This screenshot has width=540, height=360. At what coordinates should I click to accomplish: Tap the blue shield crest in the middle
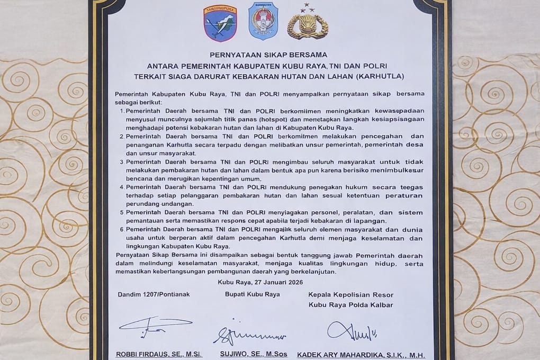263,21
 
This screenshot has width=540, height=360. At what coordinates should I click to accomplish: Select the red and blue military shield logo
220,23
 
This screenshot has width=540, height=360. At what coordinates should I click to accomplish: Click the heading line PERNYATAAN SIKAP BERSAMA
268,55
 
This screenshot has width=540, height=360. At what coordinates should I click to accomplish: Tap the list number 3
122,161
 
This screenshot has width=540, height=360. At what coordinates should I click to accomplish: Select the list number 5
122,212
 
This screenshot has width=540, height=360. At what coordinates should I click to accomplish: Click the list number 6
122,229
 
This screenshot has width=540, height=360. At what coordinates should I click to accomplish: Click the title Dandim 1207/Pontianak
154,294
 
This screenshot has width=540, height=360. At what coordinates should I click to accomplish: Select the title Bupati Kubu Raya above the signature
253,294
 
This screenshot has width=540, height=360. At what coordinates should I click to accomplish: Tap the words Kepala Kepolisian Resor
351,294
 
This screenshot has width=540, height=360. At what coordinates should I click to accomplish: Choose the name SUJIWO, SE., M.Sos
254,355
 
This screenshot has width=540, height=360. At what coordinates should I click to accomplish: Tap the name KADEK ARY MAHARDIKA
352,355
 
